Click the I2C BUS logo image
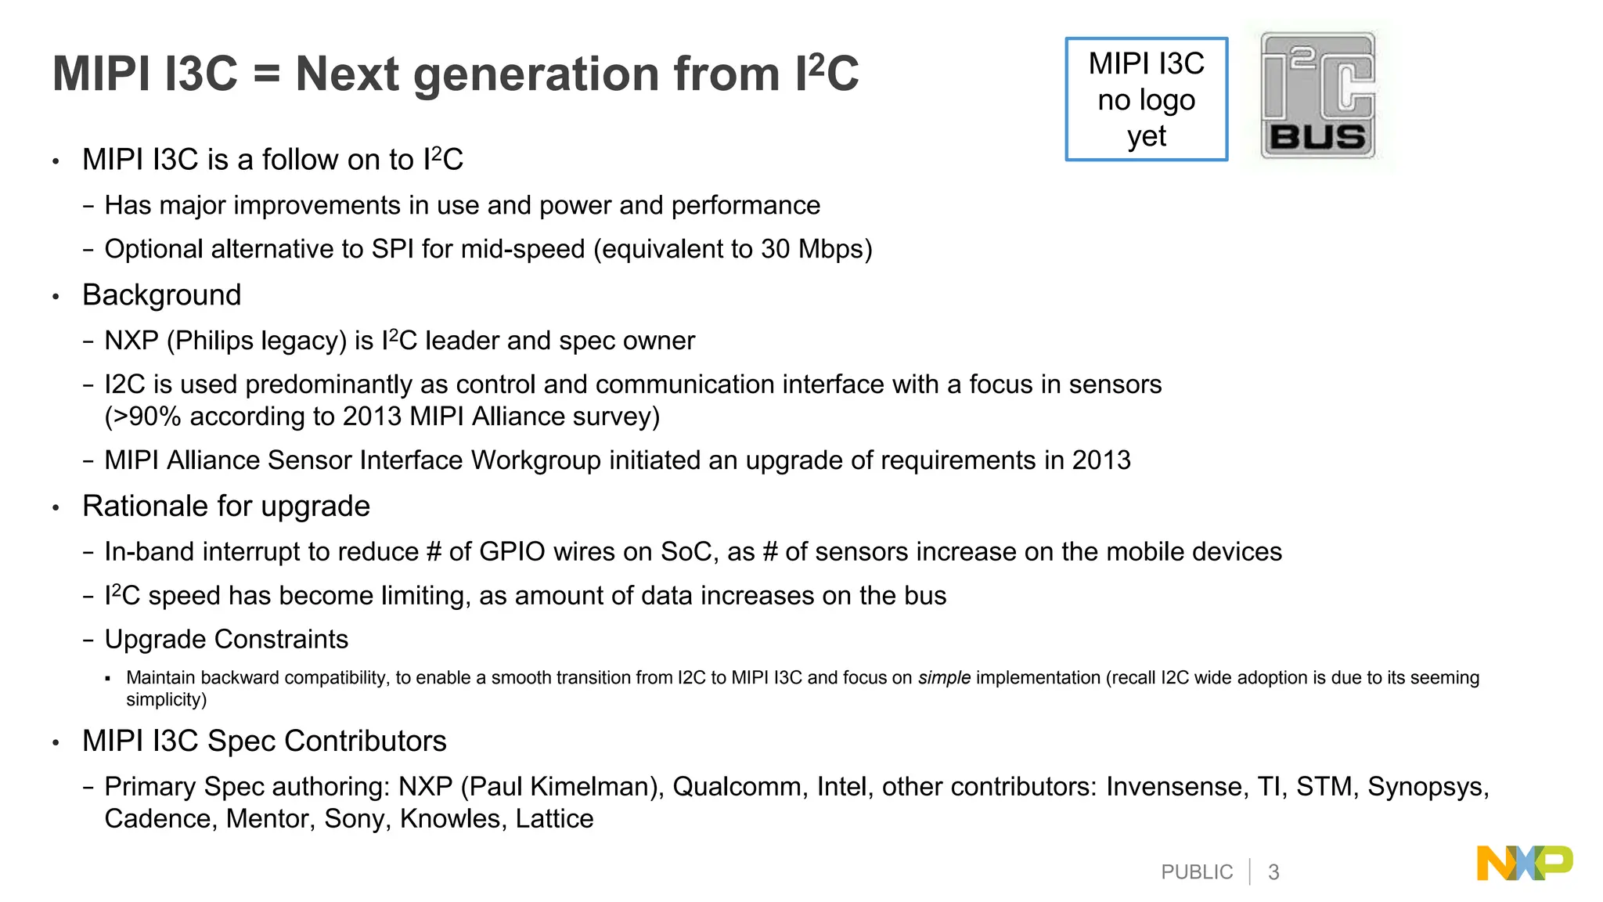[1318, 96]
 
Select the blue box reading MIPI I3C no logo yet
[1147, 99]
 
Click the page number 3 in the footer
[1273, 872]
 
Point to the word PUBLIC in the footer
[1197, 872]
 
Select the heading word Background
[162, 295]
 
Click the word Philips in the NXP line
[214, 341]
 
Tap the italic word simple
[944, 678]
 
